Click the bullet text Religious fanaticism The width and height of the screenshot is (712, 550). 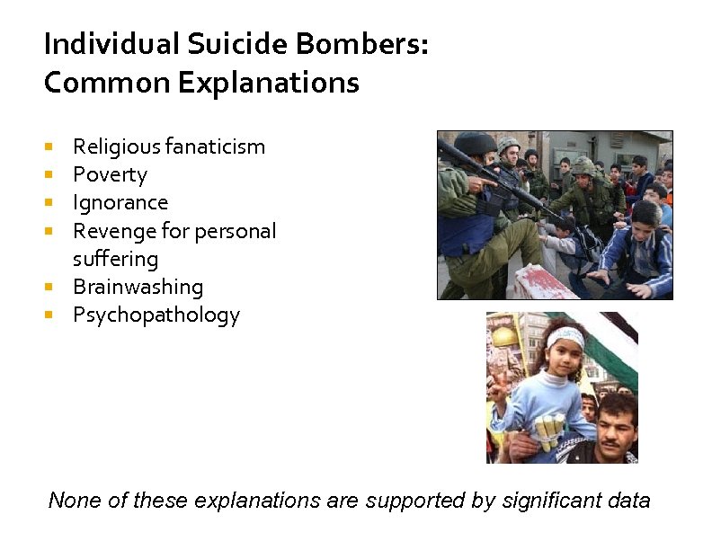pyautogui.click(x=169, y=146)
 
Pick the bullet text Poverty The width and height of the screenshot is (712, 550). pyautogui.click(x=110, y=174)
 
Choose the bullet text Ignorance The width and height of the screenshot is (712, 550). pyautogui.click(x=120, y=202)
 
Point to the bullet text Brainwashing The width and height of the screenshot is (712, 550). pyautogui.click(x=138, y=287)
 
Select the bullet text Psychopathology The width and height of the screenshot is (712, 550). pyautogui.click(x=156, y=315)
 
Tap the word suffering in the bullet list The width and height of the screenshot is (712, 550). pyautogui.click(x=115, y=259)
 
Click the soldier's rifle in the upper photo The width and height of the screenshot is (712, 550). pyautogui.click(x=503, y=184)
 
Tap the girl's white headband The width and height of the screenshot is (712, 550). pyautogui.click(x=565, y=337)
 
